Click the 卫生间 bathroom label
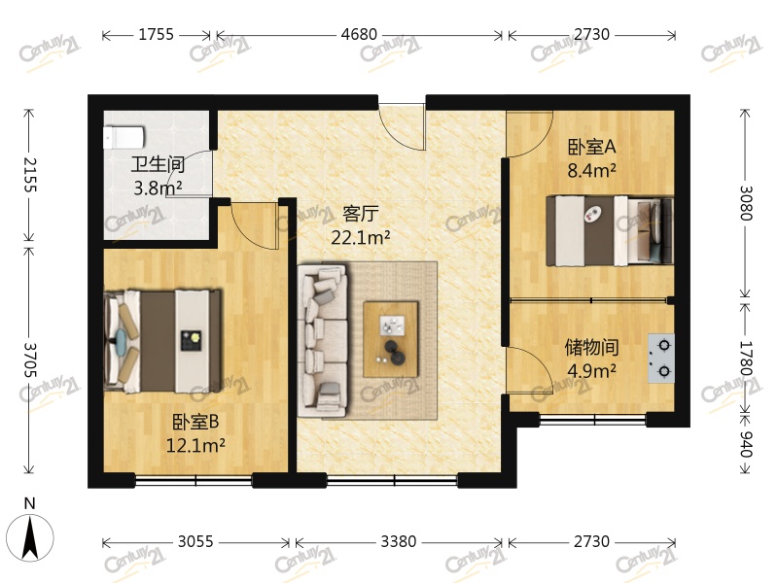pyautogui.click(x=158, y=163)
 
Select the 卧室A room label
pyautogui.click(x=592, y=148)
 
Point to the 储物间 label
pyautogui.click(x=591, y=347)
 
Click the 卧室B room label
pyautogui.click(x=194, y=423)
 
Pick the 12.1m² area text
pyautogui.click(x=195, y=446)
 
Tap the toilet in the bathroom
pyautogui.click(x=124, y=134)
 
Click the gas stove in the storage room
pyautogui.click(x=661, y=357)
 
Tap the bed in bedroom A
pyautogui.click(x=609, y=230)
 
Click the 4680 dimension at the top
pyautogui.click(x=359, y=35)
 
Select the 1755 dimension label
pyautogui.click(x=156, y=35)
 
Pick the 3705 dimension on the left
pyautogui.click(x=30, y=360)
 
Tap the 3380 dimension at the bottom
pyautogui.click(x=398, y=541)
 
